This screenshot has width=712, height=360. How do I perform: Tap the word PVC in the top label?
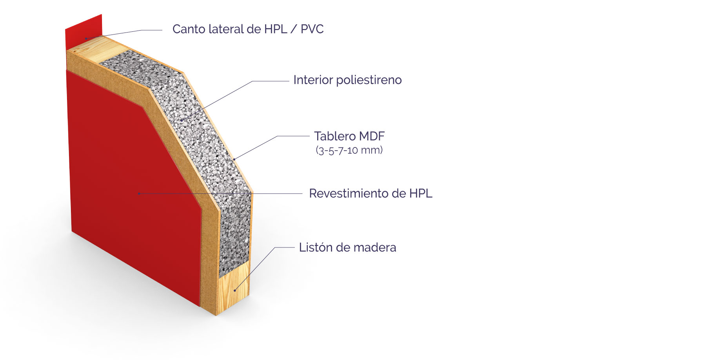point(312,29)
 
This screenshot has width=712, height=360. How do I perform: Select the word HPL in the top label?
point(276,29)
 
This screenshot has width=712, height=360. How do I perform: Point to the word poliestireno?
point(369,80)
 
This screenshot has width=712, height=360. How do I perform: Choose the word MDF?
point(372,136)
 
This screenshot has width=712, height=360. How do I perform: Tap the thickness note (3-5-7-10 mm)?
point(349,150)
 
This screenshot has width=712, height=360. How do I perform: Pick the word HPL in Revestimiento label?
point(421,193)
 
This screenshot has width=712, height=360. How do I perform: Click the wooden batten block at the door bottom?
point(234,288)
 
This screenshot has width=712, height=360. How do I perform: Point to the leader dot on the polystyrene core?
point(182,120)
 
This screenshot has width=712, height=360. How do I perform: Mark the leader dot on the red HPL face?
point(139,193)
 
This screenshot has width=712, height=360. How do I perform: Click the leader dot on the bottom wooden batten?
point(235,290)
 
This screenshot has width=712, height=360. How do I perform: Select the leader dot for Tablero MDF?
point(234,159)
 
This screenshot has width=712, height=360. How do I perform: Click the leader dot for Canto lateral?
point(86,38)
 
